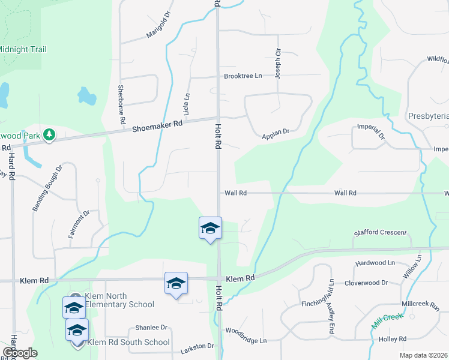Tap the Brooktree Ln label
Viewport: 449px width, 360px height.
tap(243, 76)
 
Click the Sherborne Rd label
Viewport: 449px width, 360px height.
tap(122, 105)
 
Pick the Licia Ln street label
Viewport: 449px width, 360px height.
tap(187, 104)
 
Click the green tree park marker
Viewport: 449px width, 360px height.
tap(49, 135)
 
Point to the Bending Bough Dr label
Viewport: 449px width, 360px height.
tap(47, 187)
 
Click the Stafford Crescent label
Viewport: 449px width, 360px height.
tap(380, 232)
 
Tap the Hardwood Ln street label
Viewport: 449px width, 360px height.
tap(375, 263)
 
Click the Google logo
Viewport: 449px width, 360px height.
tap(20, 353)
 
